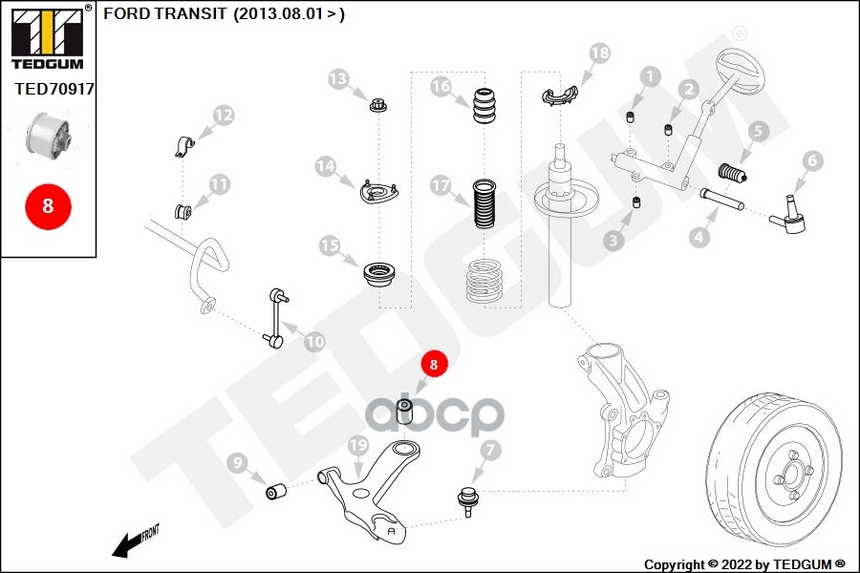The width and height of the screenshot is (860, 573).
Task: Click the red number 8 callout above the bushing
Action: pos(434,364)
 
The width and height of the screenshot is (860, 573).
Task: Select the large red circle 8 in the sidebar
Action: pos(48,206)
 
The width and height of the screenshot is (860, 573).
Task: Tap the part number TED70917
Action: pos(54,89)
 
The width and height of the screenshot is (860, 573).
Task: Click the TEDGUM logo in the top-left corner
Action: pos(48,37)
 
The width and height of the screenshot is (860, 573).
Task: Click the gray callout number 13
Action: pos(338,79)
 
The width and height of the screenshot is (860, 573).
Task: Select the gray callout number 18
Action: pos(600,53)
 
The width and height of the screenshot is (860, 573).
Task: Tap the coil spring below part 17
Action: pos(484,281)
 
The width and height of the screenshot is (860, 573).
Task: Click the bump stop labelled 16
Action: pos(484,105)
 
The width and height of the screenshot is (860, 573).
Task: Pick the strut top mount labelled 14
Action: pos(378,191)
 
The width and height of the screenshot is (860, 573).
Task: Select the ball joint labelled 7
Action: pos(466,501)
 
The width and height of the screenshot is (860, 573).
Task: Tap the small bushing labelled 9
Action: pos(276,491)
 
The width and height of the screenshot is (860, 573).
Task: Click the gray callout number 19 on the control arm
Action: pos(358,445)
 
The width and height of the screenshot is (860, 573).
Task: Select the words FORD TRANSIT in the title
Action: pos(164,13)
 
